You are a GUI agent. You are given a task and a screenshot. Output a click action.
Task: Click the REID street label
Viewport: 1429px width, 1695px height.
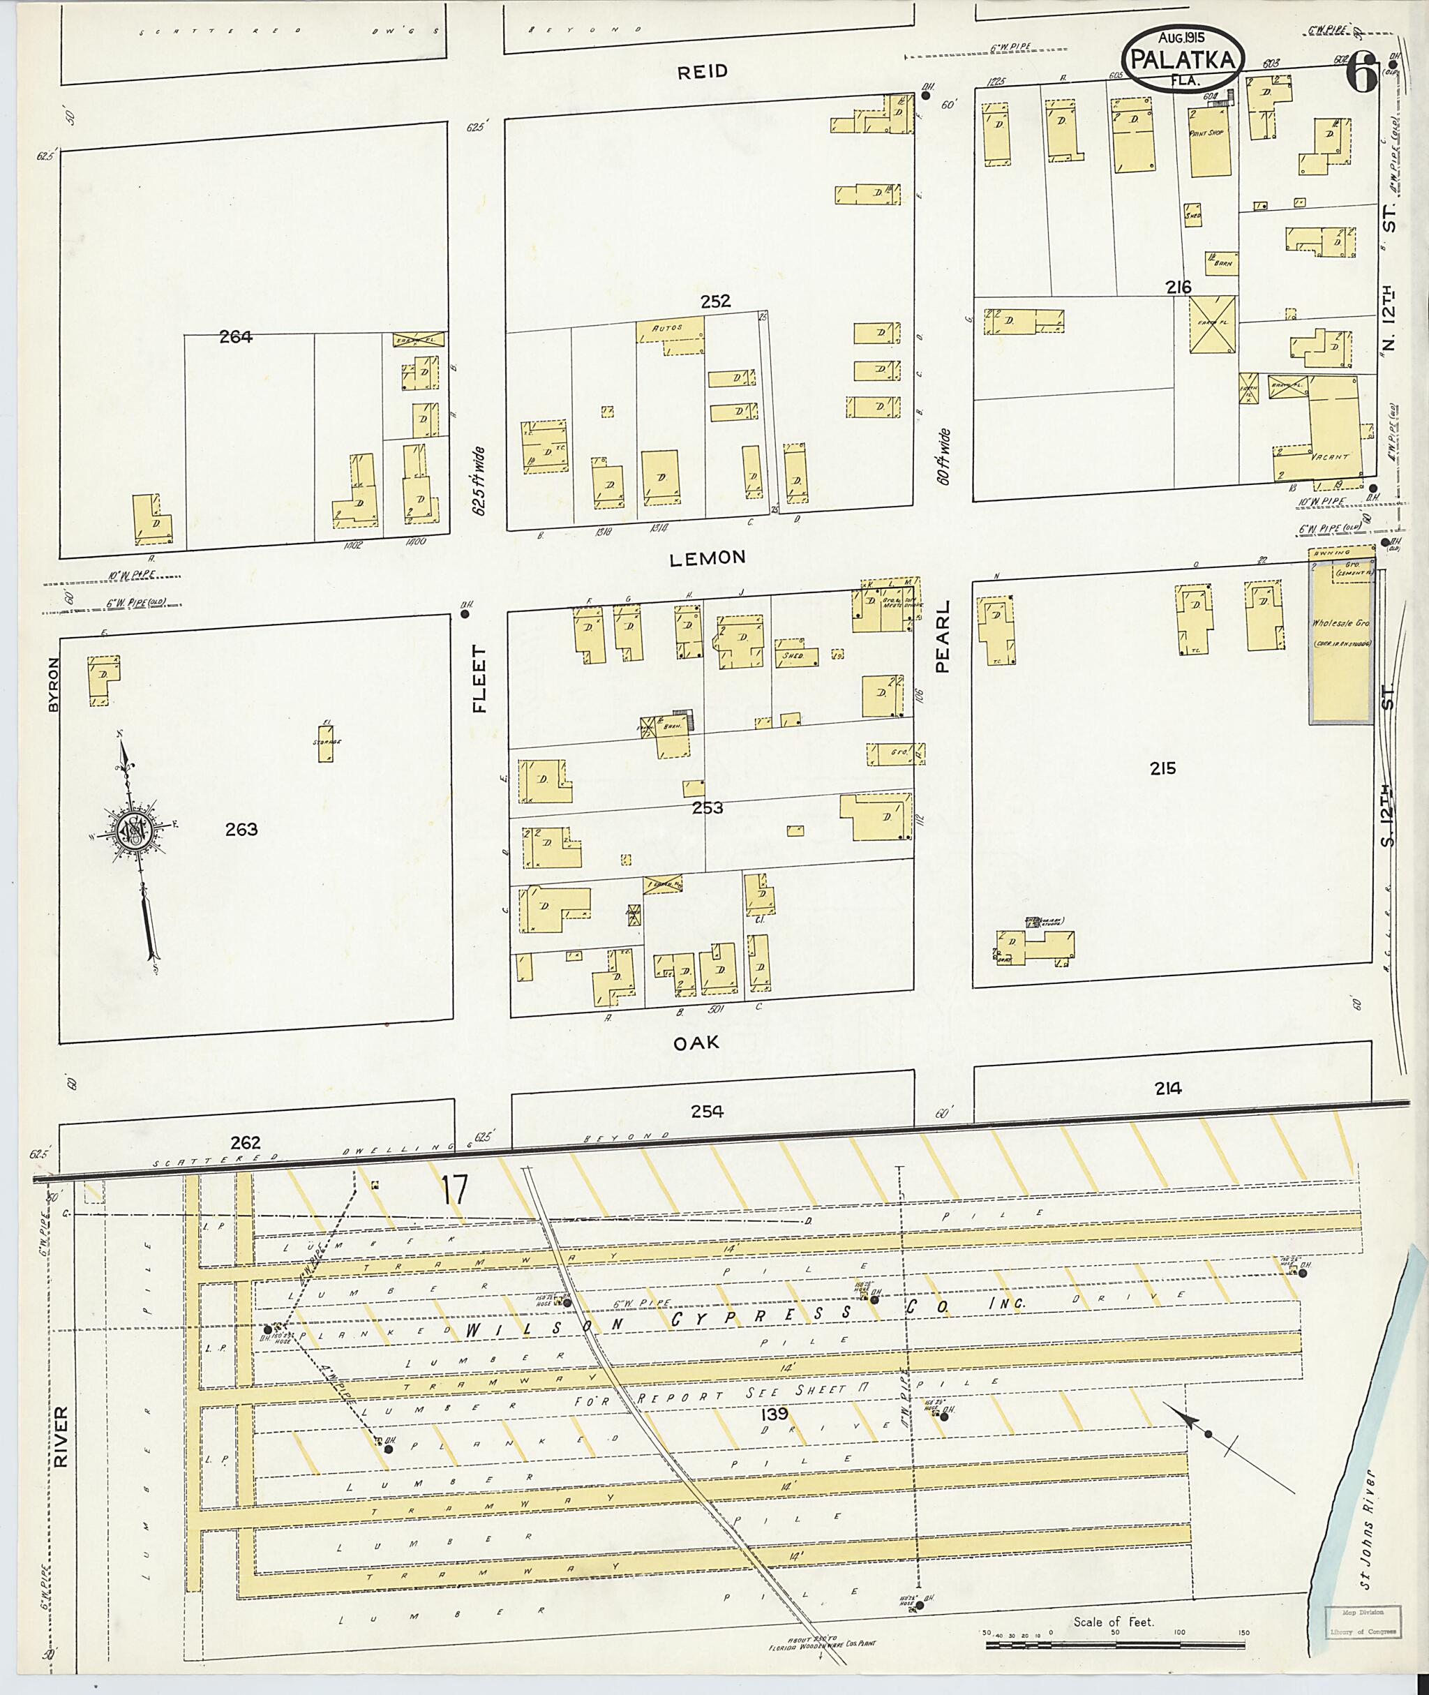[x=703, y=71]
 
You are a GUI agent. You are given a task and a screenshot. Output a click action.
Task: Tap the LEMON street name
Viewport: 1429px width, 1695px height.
[x=708, y=558]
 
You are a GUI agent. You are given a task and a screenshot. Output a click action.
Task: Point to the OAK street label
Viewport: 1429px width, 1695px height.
[x=696, y=1043]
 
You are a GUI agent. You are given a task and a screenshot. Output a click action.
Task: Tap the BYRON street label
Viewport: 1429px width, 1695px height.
[x=54, y=684]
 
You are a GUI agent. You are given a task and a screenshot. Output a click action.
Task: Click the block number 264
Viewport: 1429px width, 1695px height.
[x=236, y=337]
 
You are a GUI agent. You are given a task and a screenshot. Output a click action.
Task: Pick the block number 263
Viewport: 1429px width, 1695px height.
[x=241, y=829]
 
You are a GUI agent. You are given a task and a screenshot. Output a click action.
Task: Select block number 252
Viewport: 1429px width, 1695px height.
[x=715, y=301]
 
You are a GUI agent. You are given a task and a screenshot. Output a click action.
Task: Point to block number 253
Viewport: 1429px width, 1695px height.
[x=708, y=808]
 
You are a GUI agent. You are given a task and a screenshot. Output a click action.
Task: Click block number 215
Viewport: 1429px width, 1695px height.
[x=1162, y=768]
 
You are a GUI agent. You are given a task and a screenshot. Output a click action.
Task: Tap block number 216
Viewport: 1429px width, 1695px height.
[x=1178, y=287]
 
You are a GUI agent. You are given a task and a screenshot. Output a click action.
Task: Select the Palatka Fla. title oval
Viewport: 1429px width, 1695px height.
[x=1183, y=59]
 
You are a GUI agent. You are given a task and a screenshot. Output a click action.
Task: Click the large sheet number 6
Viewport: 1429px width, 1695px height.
[x=1361, y=77]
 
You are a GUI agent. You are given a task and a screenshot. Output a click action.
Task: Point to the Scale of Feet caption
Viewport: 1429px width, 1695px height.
[x=1113, y=1599]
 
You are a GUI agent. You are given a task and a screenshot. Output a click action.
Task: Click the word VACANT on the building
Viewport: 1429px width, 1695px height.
[x=1329, y=456]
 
